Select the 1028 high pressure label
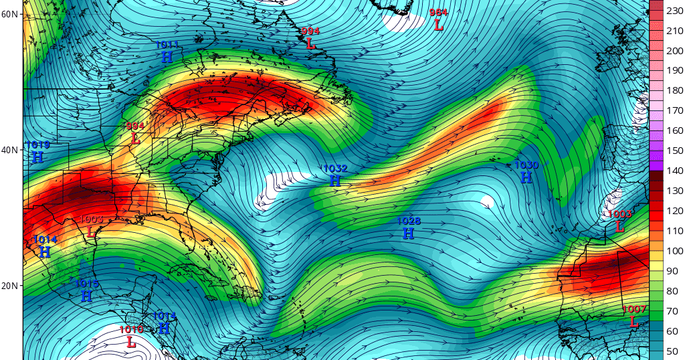408,228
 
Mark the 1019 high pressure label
37,152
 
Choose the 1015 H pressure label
87,290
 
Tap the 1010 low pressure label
131,337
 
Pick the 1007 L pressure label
633,316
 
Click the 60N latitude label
9,14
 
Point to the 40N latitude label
9,150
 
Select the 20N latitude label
9,286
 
